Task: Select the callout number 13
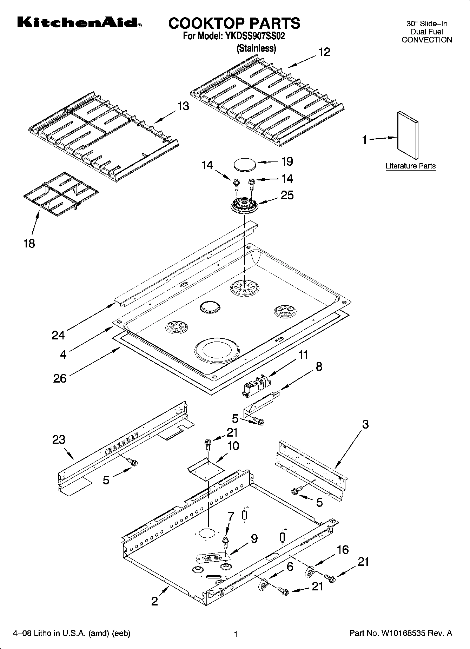tap(183, 106)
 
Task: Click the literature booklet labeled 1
tap(408, 135)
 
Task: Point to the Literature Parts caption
tap(410, 166)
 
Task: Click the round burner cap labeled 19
tap(245, 165)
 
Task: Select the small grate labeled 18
tap(60, 193)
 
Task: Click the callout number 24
tap(58, 335)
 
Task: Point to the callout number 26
tap(60, 378)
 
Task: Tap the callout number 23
tap(59, 439)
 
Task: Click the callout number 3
tap(365, 424)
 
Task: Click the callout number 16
tap(343, 550)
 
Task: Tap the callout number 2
tap(154, 602)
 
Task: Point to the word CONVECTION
tap(427, 40)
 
